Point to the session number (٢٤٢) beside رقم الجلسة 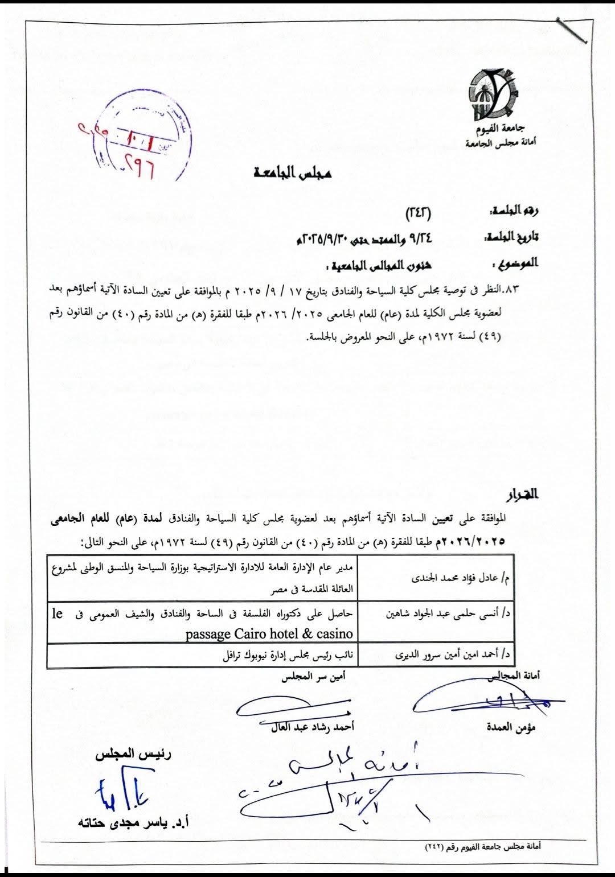(419, 213)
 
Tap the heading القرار (523, 493)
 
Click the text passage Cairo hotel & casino (269, 633)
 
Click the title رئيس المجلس (134, 755)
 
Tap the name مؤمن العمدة (511, 727)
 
